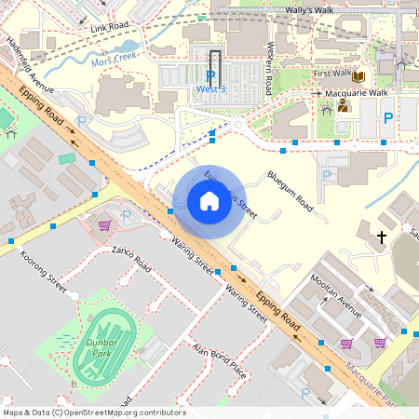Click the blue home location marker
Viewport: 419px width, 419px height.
[x=209, y=201]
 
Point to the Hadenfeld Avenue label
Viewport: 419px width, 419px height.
[x=30, y=66]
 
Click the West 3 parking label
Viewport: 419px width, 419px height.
[x=210, y=89]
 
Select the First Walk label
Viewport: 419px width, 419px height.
[x=331, y=73]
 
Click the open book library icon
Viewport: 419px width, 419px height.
[x=358, y=76]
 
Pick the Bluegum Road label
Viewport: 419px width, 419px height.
[x=290, y=190]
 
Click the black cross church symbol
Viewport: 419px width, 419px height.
[x=381, y=237]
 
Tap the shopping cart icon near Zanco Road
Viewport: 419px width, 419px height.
[x=104, y=224]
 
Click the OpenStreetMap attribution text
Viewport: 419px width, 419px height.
[x=93, y=412]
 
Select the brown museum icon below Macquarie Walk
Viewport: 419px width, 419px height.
[x=343, y=106]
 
